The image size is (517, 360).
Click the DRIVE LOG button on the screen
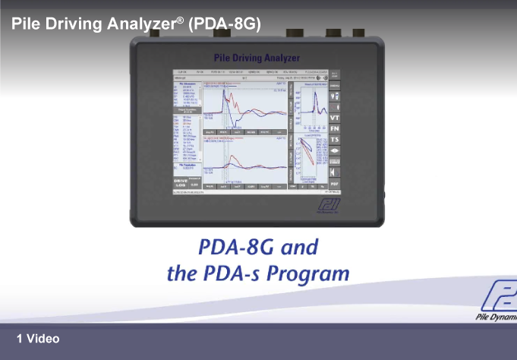click(x=181, y=182)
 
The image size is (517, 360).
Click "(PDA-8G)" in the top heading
click(x=224, y=24)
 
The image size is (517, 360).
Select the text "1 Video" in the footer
click(x=38, y=339)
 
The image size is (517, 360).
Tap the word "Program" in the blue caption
click(x=307, y=273)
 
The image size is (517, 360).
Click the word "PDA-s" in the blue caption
click(x=229, y=273)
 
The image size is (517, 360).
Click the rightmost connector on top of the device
click(x=358, y=33)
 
